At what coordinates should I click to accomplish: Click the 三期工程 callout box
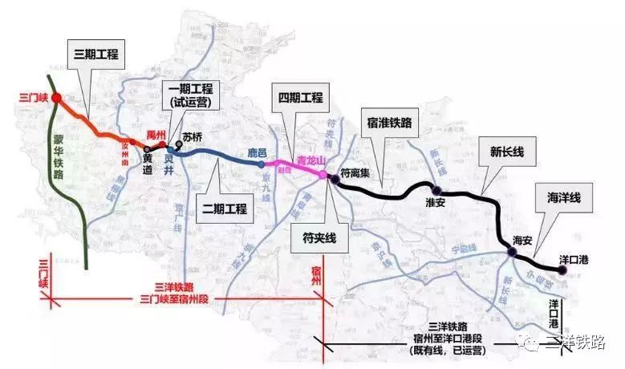[95, 54]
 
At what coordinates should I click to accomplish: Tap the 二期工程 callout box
[223, 208]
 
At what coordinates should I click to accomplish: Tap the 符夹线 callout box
[319, 237]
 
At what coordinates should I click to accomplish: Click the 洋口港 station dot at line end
[563, 271]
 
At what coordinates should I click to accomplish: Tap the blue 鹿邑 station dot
[262, 164]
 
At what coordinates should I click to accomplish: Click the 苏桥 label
[193, 137]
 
